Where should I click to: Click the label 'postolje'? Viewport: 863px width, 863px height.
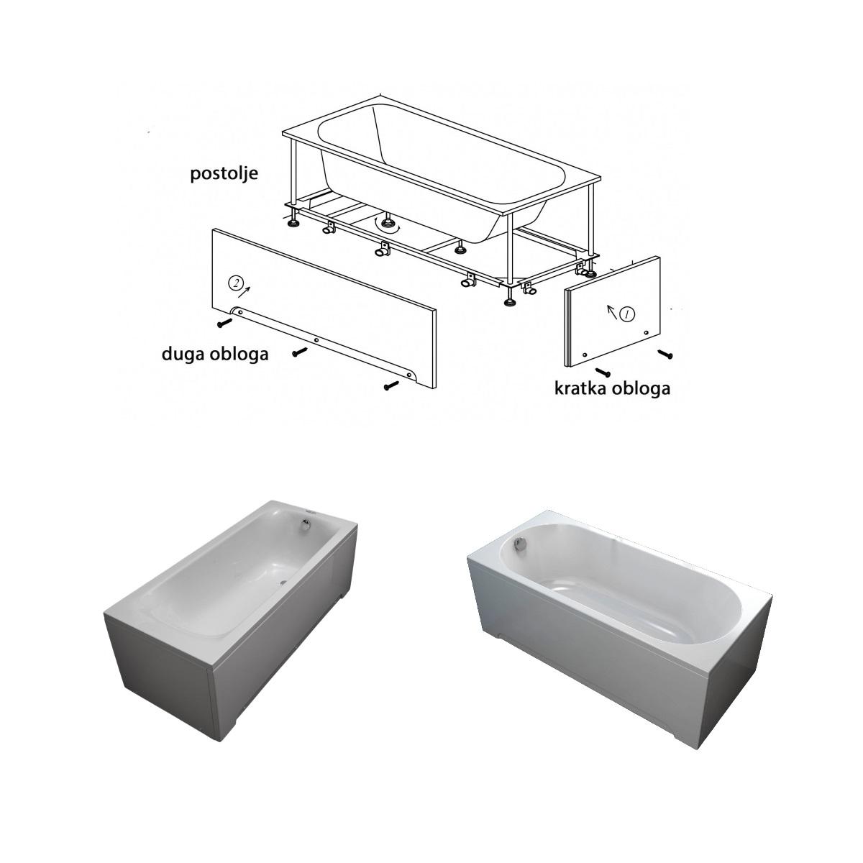click(224, 174)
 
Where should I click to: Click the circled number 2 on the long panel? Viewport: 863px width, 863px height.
click(235, 283)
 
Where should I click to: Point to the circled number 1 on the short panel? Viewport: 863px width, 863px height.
click(627, 314)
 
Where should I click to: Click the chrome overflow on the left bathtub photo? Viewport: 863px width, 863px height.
click(306, 524)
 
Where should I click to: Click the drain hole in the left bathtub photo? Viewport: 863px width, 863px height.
click(283, 583)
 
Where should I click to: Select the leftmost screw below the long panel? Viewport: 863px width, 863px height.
click(224, 322)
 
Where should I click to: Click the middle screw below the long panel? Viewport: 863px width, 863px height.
click(300, 352)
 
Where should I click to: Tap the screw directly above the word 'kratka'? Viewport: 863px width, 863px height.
click(603, 371)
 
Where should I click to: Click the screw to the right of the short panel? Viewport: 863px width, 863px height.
click(665, 355)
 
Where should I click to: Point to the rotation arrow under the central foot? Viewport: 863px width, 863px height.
click(388, 227)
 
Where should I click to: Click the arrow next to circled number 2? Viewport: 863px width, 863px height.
click(245, 292)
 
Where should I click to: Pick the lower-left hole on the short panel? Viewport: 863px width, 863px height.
click(585, 355)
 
